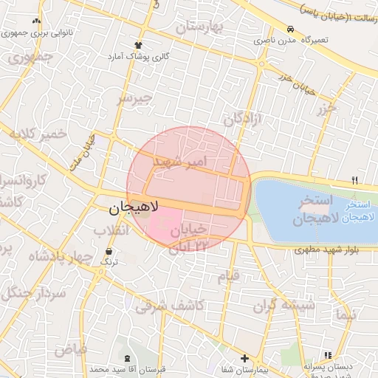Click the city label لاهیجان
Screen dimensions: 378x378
134,209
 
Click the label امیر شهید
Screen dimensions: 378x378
181,160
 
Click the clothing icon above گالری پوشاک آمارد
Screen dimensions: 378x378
138,46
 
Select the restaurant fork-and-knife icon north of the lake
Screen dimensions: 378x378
355,180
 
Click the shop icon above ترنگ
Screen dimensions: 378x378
109,252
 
